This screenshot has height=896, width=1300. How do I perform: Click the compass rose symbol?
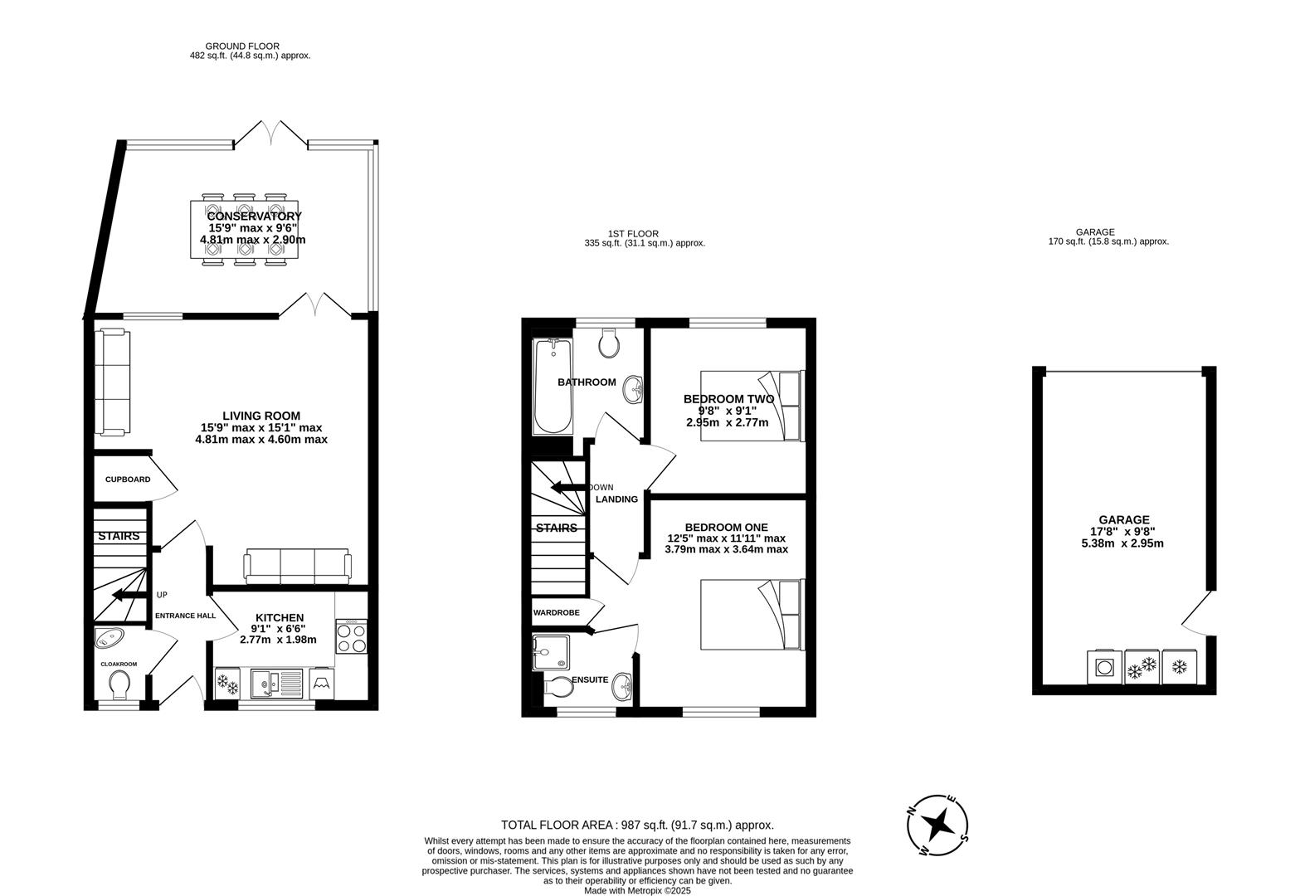click(x=937, y=825)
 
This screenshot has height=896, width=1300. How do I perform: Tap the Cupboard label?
click(x=128, y=480)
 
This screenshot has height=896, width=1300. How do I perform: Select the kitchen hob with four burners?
click(x=351, y=636)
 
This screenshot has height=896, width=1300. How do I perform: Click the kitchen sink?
click(x=277, y=683)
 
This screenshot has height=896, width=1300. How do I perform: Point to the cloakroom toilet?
click(x=120, y=685)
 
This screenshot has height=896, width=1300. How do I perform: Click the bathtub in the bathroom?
click(x=553, y=386)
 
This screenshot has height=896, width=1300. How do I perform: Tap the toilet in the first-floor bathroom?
click(x=608, y=343)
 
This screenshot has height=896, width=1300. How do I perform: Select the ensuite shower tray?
click(x=551, y=653)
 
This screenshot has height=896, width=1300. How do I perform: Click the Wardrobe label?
click(x=557, y=612)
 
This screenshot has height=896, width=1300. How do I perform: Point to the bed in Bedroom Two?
click(x=752, y=406)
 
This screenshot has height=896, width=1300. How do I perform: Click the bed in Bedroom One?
click(x=752, y=615)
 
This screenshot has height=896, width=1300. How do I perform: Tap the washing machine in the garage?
click(x=1104, y=666)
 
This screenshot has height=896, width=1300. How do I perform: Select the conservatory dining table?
click(x=245, y=229)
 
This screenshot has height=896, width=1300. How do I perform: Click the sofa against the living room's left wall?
click(x=113, y=382)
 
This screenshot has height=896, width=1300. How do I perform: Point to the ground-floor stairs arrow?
click(x=129, y=595)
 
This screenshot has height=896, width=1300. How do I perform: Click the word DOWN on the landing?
click(x=601, y=488)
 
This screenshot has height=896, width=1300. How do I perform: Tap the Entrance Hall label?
click(x=185, y=616)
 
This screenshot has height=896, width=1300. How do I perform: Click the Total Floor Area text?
click(x=637, y=825)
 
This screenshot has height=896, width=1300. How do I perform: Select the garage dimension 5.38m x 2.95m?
click(x=1122, y=543)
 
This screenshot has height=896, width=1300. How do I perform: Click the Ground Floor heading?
click(x=242, y=46)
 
